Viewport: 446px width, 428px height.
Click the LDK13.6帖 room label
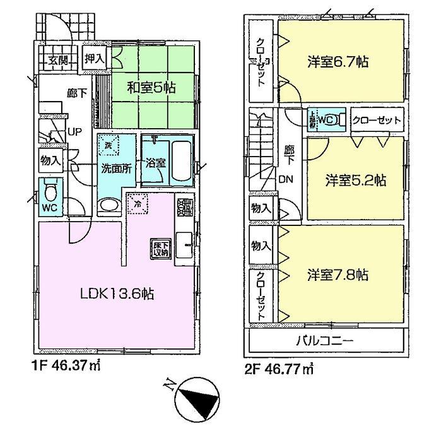[117, 294]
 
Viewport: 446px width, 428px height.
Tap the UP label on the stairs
[73, 133]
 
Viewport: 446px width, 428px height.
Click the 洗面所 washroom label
[116, 169]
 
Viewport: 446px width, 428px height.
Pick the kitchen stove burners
[184, 207]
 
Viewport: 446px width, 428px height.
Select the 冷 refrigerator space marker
[137, 203]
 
